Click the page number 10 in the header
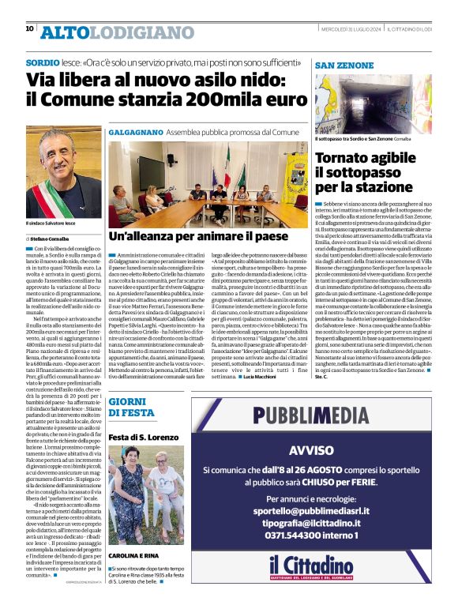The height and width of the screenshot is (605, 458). click(29, 29)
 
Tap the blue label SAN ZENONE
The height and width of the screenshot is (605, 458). click(345, 64)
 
